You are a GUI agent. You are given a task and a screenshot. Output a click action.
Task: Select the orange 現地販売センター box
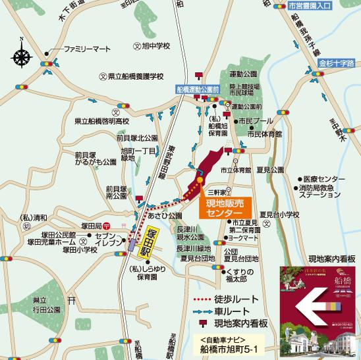coord(219,209)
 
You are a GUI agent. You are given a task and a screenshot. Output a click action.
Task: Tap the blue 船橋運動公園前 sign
coord(196,88)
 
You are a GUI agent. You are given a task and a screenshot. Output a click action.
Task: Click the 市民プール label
coord(254,122)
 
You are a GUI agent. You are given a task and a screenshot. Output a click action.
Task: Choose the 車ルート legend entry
coord(229,312)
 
